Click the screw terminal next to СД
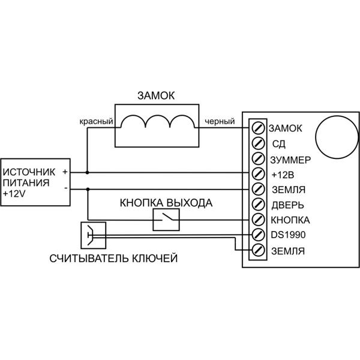[x=259, y=143]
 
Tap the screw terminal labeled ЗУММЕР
[x=259, y=159]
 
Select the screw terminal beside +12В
[x=259, y=174]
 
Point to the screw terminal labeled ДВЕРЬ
[x=259, y=204]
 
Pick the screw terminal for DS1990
[x=259, y=234]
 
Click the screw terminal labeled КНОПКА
[x=259, y=219]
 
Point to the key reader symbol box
[x=92, y=235]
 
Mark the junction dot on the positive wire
[x=88, y=173]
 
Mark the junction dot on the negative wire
[x=88, y=188]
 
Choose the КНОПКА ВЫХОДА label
[x=166, y=202]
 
